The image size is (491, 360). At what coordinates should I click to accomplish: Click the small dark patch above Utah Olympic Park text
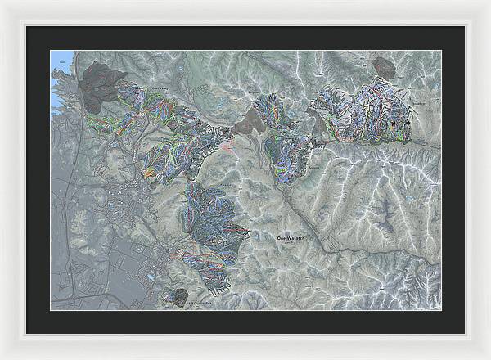click(175, 296)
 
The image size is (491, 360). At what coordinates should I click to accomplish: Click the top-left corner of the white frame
click(2, 2)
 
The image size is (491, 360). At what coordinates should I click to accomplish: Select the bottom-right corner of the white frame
click(489, 357)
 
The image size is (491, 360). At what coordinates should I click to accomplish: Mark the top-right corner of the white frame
click(489, 2)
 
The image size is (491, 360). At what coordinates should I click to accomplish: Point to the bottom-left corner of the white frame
click(2, 357)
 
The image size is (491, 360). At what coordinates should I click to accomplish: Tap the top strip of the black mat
click(245, 38)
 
